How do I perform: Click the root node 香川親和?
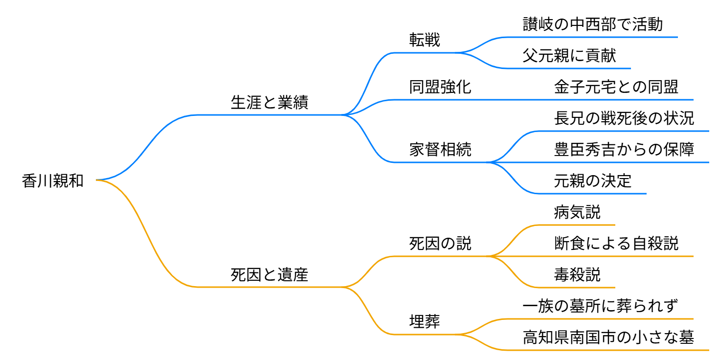point(53,181)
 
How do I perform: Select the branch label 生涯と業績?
point(270,103)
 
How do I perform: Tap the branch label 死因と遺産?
point(270,275)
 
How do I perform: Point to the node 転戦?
point(425,40)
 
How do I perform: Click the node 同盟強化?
point(440,87)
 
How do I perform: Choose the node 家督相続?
point(440,150)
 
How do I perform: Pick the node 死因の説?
point(440,244)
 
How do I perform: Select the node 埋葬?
point(425,322)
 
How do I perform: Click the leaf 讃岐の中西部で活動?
point(592,24)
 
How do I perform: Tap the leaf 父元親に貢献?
point(569,56)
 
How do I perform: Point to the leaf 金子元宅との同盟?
point(616,87)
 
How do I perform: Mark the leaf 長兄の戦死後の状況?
point(624,118)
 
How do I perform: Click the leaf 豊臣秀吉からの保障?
point(624,150)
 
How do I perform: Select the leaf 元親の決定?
point(592,181)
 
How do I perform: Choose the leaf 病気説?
point(577,212)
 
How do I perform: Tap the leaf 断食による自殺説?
point(616,244)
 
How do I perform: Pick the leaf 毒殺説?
point(577,275)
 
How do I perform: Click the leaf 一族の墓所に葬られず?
point(600,306)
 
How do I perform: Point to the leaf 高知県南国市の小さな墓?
point(608,337)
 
